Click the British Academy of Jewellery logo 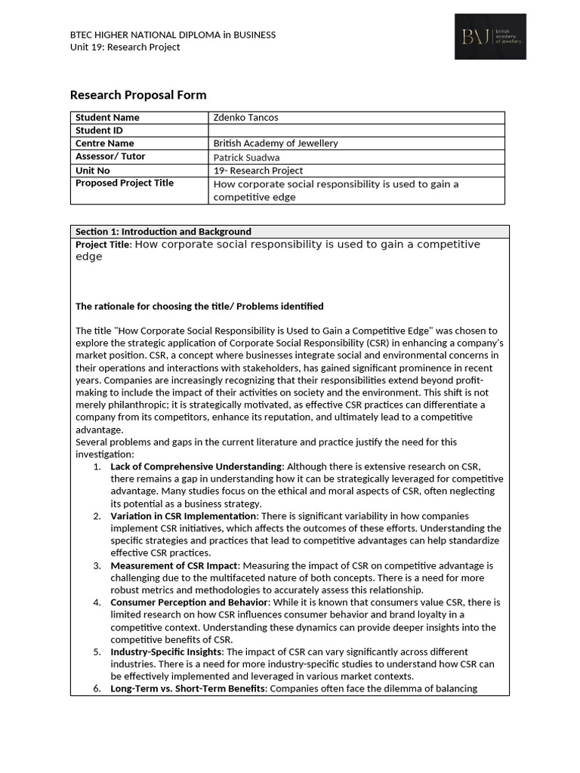[x=490, y=36]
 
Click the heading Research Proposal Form [x=137, y=95]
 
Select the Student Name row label [x=107, y=118]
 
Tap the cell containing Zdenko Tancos [x=245, y=118]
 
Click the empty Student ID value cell [x=356, y=131]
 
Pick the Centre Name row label [x=105, y=143]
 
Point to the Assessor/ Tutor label [x=110, y=156]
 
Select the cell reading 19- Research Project [x=258, y=171]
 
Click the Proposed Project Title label [x=125, y=183]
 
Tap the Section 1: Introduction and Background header [x=163, y=232]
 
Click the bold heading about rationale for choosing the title [x=199, y=306]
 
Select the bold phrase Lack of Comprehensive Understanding [x=196, y=467]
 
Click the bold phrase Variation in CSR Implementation [x=184, y=516]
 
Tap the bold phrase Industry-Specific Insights [x=167, y=651]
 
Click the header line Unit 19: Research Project [x=125, y=47]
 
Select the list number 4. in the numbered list [x=97, y=602]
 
